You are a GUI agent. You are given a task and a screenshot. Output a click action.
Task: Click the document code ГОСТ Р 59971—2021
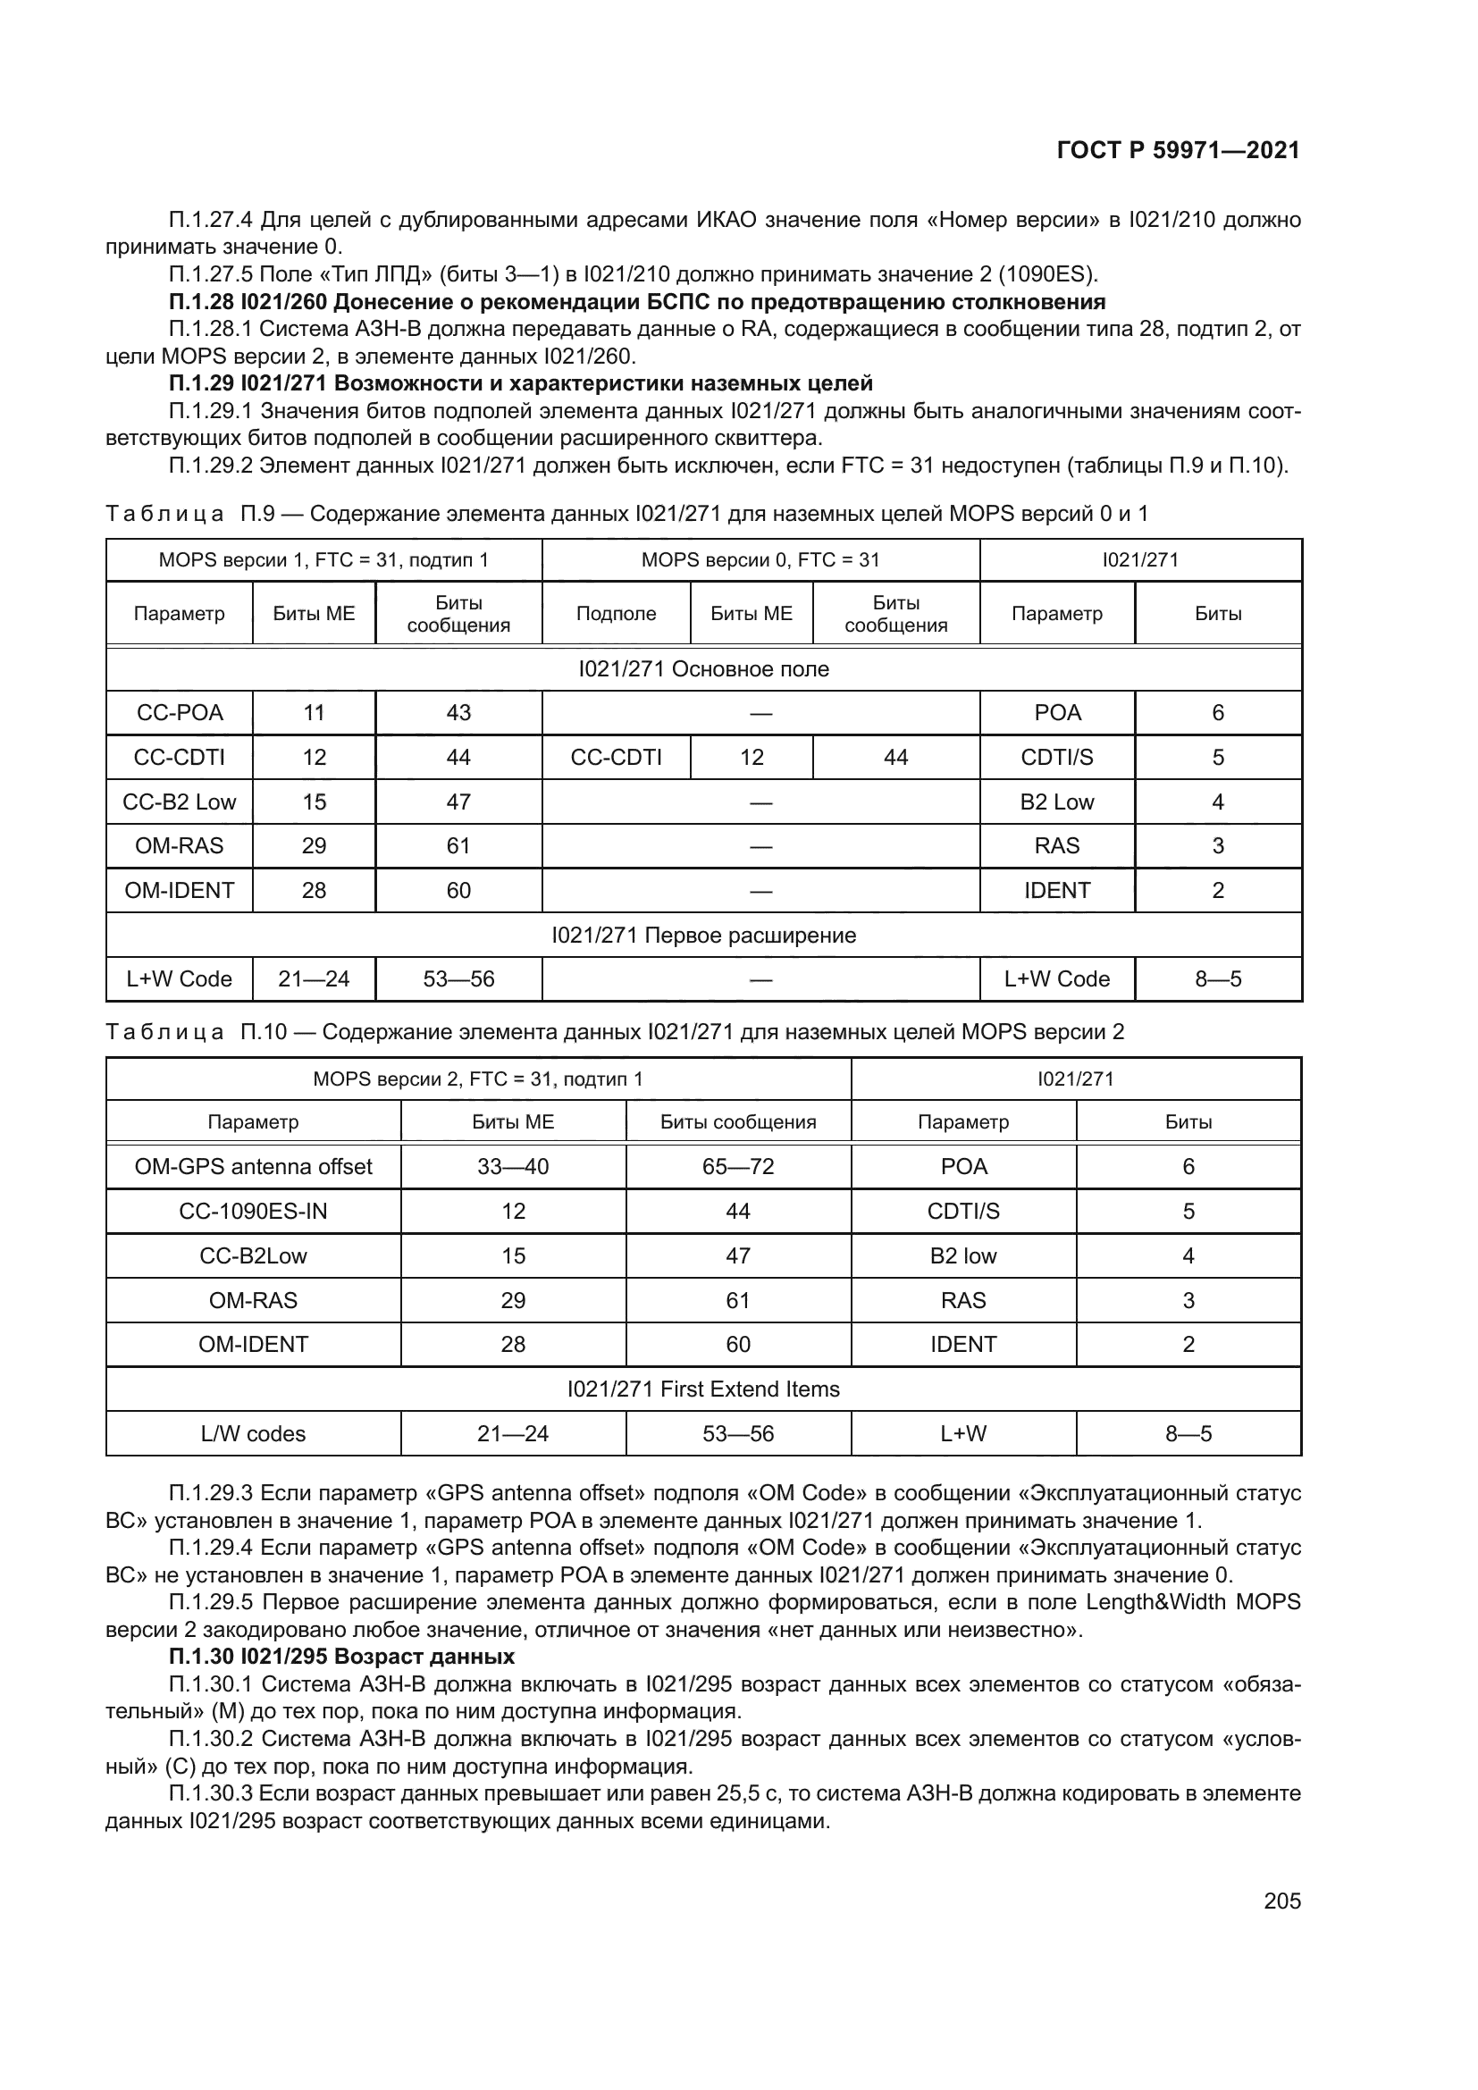click(1178, 150)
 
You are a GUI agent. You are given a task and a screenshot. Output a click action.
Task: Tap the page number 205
click(1281, 1901)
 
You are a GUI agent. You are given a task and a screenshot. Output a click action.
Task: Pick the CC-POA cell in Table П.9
click(180, 713)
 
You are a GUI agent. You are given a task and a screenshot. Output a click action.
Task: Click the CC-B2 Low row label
click(180, 802)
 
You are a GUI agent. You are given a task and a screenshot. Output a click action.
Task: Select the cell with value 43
click(458, 713)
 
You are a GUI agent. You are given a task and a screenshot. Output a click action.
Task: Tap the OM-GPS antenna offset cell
click(253, 1166)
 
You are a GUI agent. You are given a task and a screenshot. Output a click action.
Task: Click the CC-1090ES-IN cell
click(253, 1211)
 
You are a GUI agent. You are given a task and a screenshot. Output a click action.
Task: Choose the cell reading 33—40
click(512, 1166)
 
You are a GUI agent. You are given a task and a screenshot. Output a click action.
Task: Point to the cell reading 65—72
click(737, 1166)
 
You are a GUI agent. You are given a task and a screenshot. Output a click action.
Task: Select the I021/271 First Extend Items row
click(702, 1389)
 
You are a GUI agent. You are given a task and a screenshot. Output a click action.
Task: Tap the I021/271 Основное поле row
click(702, 669)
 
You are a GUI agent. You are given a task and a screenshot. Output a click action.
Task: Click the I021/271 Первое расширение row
click(702, 935)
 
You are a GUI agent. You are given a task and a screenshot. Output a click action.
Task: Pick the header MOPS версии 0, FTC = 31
click(760, 560)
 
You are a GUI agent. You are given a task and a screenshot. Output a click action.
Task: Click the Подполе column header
click(617, 614)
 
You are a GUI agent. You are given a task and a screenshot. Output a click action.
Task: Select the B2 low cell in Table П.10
click(963, 1255)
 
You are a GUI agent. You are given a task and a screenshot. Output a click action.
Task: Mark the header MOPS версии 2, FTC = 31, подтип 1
click(478, 1079)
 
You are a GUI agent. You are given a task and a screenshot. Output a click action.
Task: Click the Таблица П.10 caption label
click(164, 1031)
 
